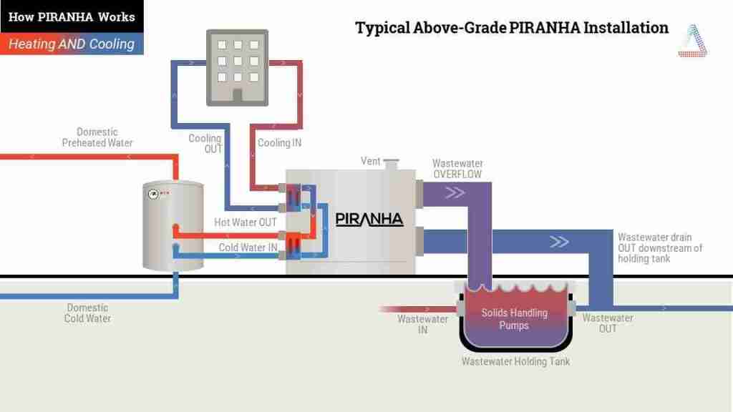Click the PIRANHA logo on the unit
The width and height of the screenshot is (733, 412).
tap(369, 219)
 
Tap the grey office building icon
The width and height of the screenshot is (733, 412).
tap(238, 68)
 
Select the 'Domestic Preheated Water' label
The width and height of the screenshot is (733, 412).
tap(97, 137)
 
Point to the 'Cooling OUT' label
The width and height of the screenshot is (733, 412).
tap(205, 143)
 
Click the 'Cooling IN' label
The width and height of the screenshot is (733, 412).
tap(280, 143)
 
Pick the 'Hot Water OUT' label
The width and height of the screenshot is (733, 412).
tap(246, 222)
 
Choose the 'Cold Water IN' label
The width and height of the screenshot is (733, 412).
tap(248, 247)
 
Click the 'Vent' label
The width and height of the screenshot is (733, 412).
tap(370, 161)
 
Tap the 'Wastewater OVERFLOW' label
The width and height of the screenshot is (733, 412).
tap(457, 169)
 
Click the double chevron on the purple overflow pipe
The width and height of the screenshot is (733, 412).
tap(455, 192)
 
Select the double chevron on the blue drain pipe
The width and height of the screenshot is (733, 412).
tap(559, 242)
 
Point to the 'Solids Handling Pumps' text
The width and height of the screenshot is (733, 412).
tap(514, 319)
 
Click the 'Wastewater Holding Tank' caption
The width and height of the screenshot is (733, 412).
tap(515, 361)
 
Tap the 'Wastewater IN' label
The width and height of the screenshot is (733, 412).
tap(422, 324)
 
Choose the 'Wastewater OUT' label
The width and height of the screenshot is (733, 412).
tap(608, 323)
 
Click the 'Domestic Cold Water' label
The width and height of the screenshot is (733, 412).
tap(87, 313)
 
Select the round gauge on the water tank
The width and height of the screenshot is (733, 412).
tap(153, 194)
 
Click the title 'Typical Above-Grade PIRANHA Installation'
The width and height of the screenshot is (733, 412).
tap(512, 28)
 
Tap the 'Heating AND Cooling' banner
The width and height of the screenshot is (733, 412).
tap(72, 44)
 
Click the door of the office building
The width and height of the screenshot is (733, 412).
tap(238, 96)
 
